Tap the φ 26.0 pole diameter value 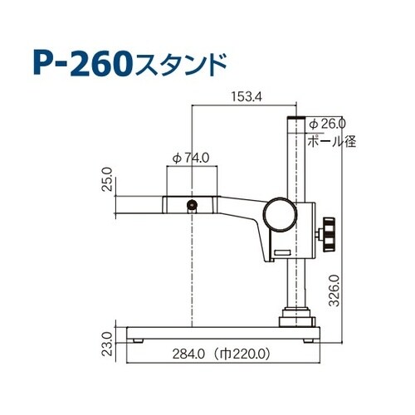(327, 123)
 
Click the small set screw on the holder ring (193, 204)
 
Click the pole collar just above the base (298, 315)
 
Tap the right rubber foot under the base (310, 340)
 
